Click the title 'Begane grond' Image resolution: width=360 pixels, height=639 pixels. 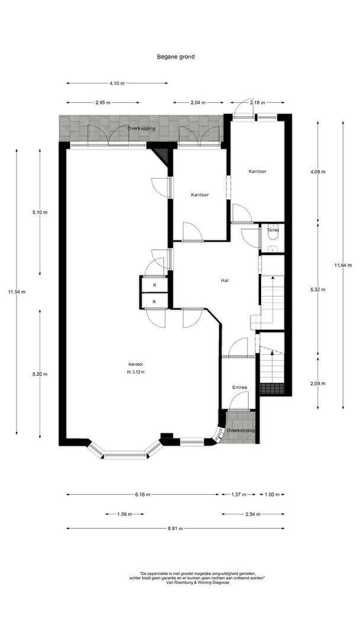coord(175,57)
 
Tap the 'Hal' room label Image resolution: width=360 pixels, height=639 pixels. coord(224,282)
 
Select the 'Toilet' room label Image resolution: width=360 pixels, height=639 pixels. coord(272,230)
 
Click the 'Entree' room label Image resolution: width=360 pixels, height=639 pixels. coord(239,388)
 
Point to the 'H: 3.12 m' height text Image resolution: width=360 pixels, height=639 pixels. coord(136,372)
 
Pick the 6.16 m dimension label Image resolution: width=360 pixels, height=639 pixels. coord(142,494)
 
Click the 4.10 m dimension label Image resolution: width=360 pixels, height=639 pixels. coord(117,83)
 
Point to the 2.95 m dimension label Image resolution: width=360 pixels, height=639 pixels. coord(103,102)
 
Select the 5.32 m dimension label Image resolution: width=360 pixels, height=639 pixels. coord(318,290)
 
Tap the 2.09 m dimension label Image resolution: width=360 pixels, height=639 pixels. coord(318,383)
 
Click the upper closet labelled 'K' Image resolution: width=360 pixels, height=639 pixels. coord(155,285)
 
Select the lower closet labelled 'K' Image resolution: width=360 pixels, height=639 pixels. coord(155,301)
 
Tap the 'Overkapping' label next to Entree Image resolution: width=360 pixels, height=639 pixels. coord(241,430)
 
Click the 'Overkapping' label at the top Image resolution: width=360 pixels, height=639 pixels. coord(141,128)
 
